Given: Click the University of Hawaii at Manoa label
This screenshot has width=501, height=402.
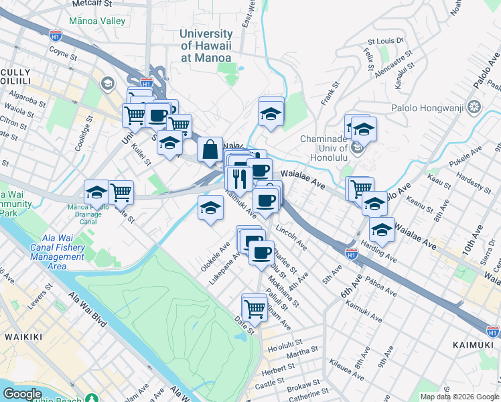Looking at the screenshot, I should [x=206, y=46].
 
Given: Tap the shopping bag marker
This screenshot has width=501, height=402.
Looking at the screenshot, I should [x=210, y=149].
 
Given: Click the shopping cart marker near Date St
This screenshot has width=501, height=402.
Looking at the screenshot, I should [x=255, y=308].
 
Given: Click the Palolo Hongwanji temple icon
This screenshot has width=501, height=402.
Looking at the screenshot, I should [x=474, y=107].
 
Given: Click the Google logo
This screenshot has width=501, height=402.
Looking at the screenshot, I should [x=22, y=394].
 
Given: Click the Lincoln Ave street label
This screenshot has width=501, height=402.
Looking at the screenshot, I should [x=291, y=238].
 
